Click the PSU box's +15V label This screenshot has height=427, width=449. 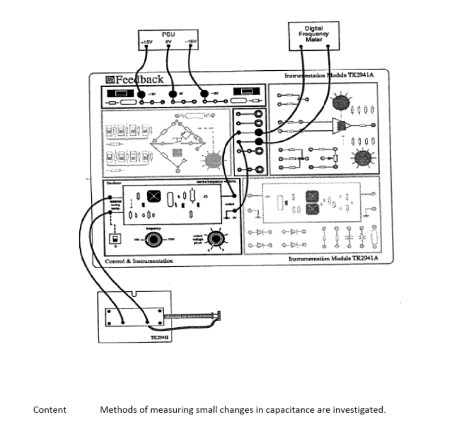(x=147, y=42)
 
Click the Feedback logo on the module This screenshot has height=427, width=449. (x=134, y=79)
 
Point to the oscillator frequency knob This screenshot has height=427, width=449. (x=153, y=240)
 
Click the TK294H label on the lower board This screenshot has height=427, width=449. (x=158, y=337)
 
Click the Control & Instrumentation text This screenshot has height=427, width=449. (x=139, y=261)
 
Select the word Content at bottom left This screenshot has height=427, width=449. (x=50, y=409)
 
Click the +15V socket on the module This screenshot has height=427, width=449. (x=142, y=93)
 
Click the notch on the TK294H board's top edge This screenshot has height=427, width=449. (x=134, y=294)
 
